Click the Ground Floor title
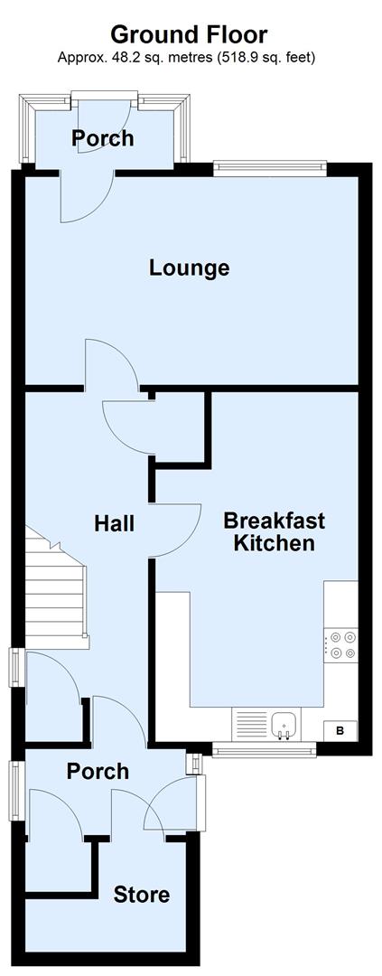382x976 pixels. (189, 34)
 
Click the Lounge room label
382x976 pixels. (189, 267)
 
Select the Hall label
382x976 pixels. (115, 523)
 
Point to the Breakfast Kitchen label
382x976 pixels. (274, 531)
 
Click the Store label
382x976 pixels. (141, 895)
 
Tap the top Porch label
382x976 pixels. (103, 138)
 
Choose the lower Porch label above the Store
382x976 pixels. (98, 772)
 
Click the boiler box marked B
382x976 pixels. (340, 730)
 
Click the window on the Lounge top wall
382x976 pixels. (269, 164)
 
